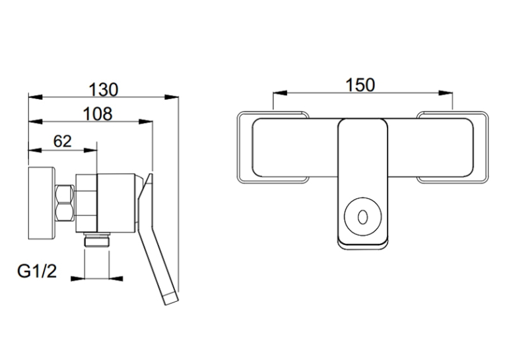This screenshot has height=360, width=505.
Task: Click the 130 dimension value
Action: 104,90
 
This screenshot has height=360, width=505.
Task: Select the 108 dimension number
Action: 98,114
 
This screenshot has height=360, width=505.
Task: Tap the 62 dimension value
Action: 62,141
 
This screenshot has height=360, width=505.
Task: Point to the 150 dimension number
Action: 360,85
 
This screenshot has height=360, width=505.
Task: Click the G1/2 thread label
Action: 37,271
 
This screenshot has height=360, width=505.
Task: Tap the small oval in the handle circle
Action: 362,217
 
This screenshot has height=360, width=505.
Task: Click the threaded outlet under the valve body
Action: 97,240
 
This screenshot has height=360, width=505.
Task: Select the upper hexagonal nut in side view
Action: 64,194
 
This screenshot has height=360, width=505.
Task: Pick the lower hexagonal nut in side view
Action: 64,212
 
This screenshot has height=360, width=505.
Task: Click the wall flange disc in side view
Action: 42,203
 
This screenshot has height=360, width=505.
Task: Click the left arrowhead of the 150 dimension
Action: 279,93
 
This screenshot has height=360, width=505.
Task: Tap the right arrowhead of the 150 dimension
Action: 446,93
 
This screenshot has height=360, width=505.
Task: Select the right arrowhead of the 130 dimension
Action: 172,97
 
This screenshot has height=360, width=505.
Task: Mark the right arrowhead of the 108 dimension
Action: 146,122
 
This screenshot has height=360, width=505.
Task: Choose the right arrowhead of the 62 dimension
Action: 90,150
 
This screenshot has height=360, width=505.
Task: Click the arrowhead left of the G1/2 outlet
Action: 78,279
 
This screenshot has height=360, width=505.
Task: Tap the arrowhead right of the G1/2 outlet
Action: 116,279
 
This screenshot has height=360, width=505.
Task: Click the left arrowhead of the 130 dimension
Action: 36,97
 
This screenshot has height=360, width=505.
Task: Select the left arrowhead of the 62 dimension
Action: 36,150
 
